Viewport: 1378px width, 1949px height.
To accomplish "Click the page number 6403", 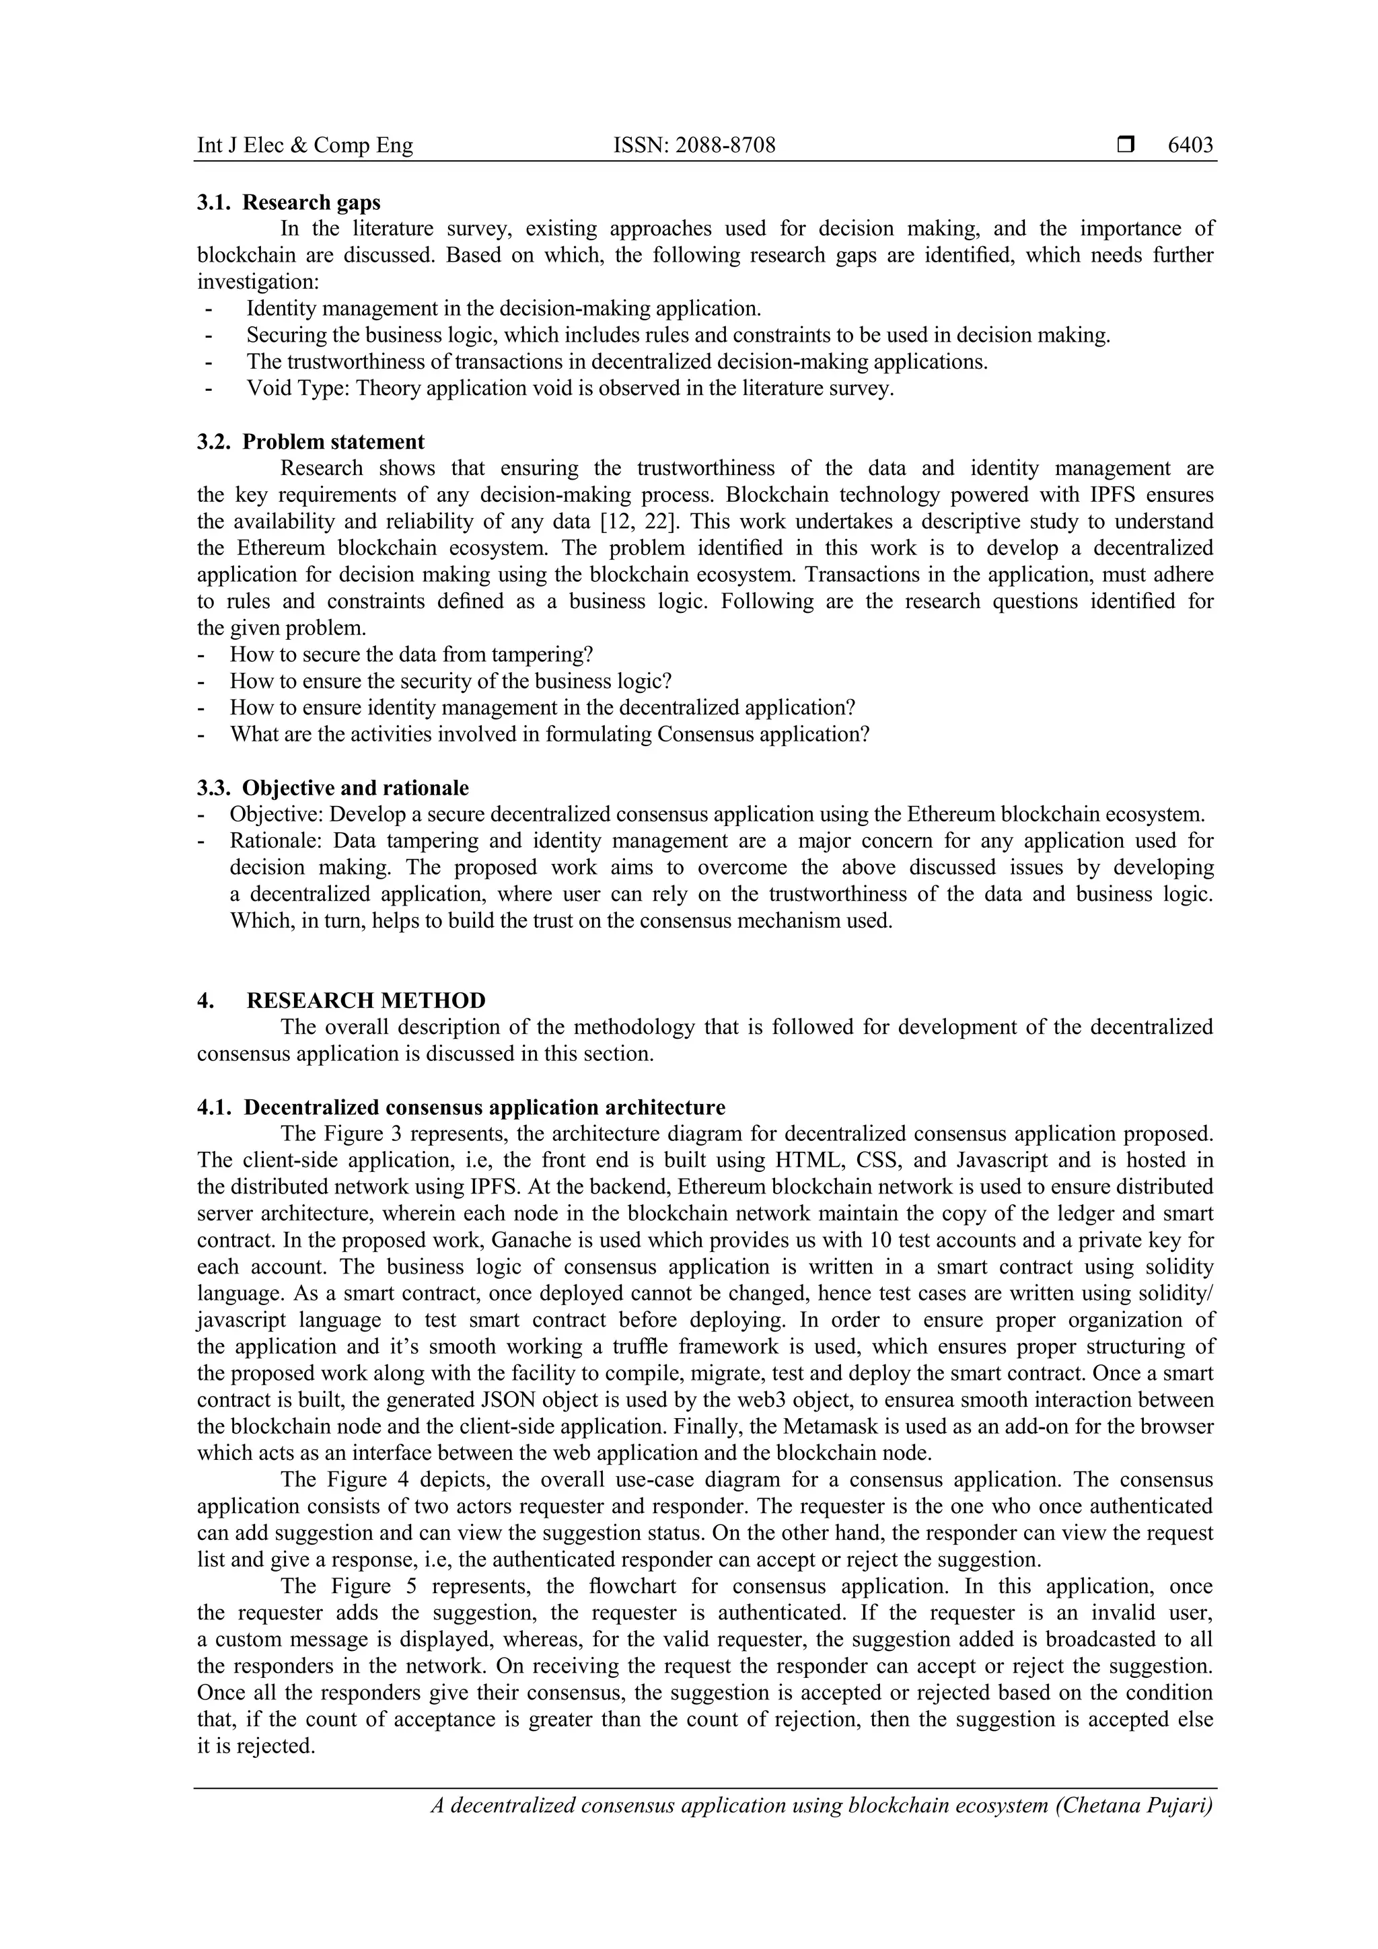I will pyautogui.click(x=1190, y=145).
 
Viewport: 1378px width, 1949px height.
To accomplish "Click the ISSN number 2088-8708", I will pyautogui.click(x=694, y=145).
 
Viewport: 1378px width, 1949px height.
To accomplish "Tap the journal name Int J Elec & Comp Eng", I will pyautogui.click(x=305, y=145).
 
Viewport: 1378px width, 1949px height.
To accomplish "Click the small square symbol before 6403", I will pyautogui.click(x=1125, y=145).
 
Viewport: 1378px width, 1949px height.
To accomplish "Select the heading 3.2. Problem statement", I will pyautogui.click(x=311, y=441).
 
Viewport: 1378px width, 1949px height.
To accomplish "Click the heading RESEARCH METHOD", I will pyautogui.click(x=366, y=1000).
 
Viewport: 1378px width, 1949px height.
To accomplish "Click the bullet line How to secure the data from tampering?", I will pyautogui.click(x=411, y=655).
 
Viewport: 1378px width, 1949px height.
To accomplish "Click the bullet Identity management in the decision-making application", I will pyautogui.click(x=503, y=308).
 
